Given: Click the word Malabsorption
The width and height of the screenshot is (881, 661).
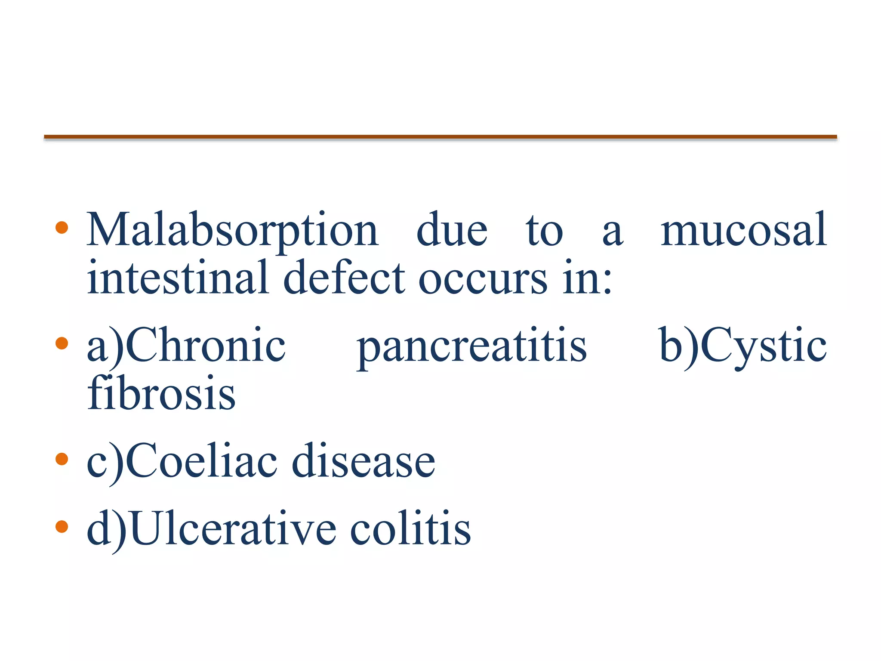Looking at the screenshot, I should pyautogui.click(x=232, y=231).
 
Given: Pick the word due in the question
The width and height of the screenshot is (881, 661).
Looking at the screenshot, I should pyautogui.click(x=452, y=231).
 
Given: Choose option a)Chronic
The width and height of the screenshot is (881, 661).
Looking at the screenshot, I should pyautogui.click(x=186, y=346).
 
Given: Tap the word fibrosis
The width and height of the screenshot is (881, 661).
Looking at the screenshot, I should pyautogui.click(x=161, y=392).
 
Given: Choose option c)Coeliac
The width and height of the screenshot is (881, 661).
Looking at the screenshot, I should pyautogui.click(x=182, y=461).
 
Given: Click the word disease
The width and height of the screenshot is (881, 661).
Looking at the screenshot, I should pyautogui.click(x=363, y=461).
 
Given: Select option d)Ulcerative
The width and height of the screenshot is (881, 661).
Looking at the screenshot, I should pyautogui.click(x=211, y=528).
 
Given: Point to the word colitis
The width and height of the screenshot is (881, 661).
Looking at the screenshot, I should pyautogui.click(x=410, y=528).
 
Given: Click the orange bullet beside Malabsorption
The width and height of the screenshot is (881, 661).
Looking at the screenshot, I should pyautogui.click(x=62, y=228).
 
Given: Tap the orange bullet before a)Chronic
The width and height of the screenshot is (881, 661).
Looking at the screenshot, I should pyautogui.click(x=62, y=343).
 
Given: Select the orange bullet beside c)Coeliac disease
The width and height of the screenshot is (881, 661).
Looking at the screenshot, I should pyautogui.click(x=62, y=459).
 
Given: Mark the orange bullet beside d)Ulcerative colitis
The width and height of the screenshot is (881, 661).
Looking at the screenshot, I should pyautogui.click(x=62, y=526).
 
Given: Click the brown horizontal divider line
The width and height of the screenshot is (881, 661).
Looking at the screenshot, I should pyautogui.click(x=440, y=137).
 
